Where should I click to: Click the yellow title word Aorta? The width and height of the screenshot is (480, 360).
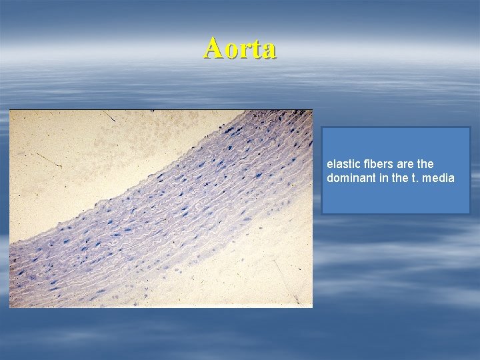(x=240, y=48)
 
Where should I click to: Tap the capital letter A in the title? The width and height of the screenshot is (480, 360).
(x=214, y=48)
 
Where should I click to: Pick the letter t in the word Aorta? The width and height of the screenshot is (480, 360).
(x=255, y=49)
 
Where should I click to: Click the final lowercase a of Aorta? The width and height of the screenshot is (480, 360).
(x=268, y=50)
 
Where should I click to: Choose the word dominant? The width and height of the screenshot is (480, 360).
(x=347, y=178)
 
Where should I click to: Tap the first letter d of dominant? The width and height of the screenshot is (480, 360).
(x=330, y=178)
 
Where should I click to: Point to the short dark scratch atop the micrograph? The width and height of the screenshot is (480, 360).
(x=109, y=116)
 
